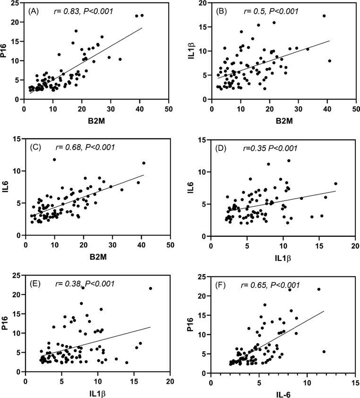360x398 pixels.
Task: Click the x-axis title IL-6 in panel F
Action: coord(283,392)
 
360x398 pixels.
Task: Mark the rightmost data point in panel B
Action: coord(329,61)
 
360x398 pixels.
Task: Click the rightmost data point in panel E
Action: coord(151,288)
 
